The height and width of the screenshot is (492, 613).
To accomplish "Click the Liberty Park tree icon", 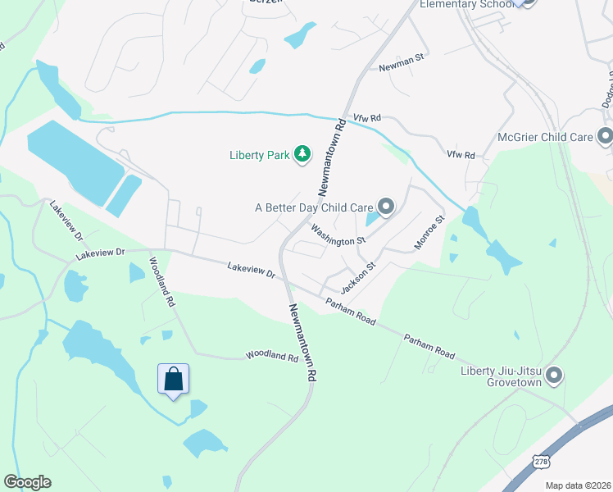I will pos(302,153).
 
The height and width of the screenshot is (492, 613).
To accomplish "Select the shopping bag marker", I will pos(173,380).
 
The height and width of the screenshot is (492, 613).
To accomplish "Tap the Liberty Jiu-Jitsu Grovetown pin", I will pos(554,376).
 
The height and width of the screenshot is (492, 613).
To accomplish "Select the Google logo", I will pos(27,482).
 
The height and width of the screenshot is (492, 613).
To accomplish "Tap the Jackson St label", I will pos(357,277).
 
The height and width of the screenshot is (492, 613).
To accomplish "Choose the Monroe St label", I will pos(429,233).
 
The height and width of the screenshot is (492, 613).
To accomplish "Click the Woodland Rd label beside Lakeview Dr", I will pos(161,282).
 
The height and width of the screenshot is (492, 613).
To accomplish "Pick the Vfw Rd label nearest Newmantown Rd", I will pos(367,120).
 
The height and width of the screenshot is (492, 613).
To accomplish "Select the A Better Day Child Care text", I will pos(314,207).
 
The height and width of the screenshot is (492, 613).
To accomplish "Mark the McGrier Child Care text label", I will pos(545,136).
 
